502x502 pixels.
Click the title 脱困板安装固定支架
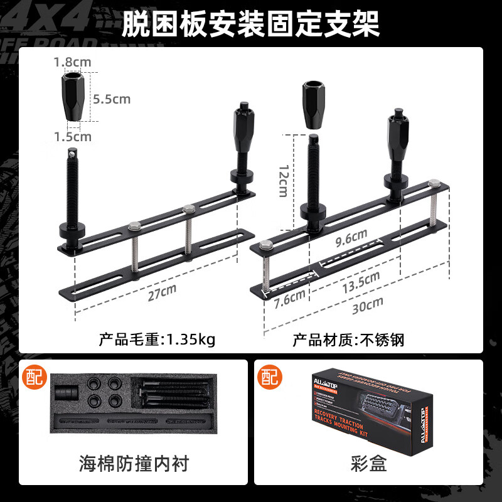tap(250, 24)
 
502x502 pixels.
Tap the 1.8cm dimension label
tap(72, 62)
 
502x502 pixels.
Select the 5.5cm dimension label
tap(111, 99)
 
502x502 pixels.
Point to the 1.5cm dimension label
tap(72, 136)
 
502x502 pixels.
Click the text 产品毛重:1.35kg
tap(157, 340)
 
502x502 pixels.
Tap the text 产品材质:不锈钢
tap(348, 340)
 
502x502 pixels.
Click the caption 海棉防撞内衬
tap(134, 464)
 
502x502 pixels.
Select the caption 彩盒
tap(368, 464)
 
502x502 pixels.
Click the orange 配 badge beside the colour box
tap(269, 377)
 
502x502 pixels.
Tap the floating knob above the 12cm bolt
tap(312, 104)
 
